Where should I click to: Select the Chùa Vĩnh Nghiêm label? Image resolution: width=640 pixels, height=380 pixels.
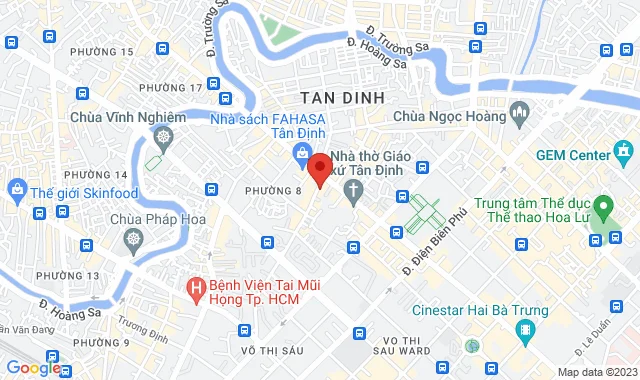pos(127,117)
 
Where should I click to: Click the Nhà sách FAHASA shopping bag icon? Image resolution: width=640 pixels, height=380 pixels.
pos(299,153)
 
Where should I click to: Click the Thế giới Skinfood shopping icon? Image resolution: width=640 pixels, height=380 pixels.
pos(17,188)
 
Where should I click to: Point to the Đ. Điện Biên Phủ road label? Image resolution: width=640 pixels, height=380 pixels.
pos(436,243)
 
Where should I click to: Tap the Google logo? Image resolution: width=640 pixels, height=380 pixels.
pos(32,368)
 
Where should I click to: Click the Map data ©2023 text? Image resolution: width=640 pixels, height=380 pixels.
pos(595,372)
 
